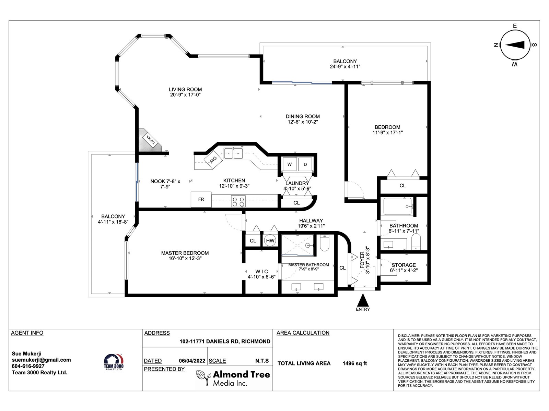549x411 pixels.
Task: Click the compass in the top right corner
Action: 515,45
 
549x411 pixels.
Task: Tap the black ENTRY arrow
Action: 363,300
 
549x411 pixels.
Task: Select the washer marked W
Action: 289,164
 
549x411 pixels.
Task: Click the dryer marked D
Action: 305,164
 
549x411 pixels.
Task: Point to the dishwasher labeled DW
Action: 213,160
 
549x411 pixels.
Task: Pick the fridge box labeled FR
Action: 201,199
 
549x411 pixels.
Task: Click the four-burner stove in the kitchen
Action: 238,201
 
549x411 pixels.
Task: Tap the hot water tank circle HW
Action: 270,240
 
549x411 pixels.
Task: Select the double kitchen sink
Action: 233,153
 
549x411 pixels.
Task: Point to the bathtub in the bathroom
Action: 398,207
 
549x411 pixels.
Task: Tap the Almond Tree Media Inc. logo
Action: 233,378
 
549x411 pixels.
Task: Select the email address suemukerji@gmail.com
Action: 41,360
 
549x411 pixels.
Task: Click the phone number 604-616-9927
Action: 28,366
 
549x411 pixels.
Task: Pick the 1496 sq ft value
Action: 355,363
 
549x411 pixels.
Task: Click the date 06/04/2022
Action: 192,361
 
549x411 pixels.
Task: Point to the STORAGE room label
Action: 404,265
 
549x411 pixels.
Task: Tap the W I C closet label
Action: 261,272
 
